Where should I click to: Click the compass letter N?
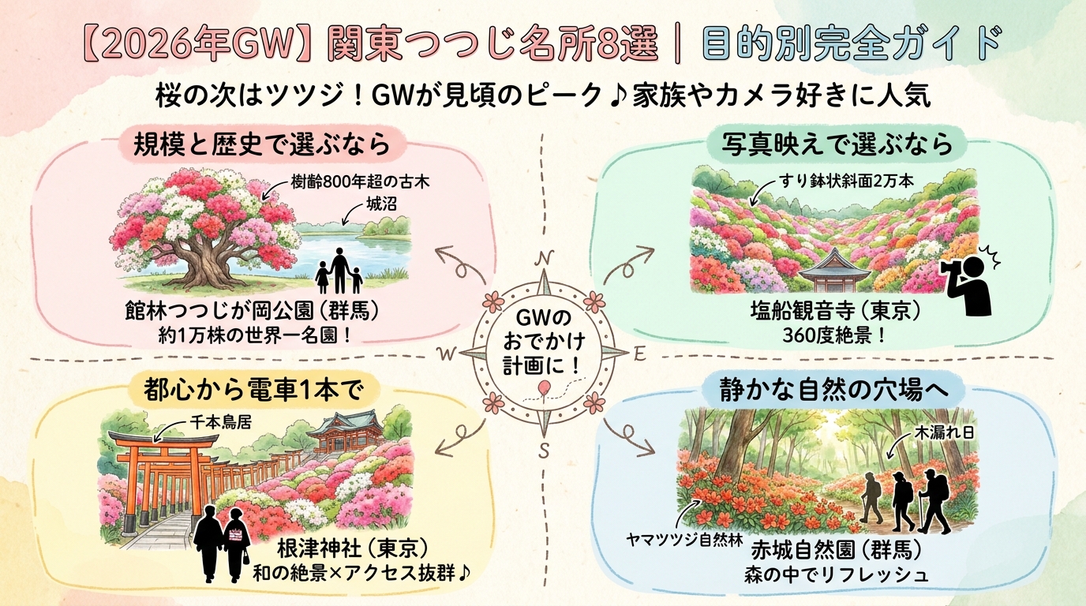[544, 259]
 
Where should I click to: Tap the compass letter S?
[544, 451]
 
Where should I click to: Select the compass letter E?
[639, 354]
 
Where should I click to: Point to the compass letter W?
[447, 354]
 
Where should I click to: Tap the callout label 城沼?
[381, 204]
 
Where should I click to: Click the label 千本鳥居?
[221, 423]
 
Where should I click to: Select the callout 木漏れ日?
[943, 433]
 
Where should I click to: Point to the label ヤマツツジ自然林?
[684, 540]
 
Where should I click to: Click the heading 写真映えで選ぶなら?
[837, 144]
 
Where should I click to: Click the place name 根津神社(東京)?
[354, 550]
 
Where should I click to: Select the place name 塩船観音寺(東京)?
[835, 312]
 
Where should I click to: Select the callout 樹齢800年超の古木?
[360, 182]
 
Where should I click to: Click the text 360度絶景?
[834, 335]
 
